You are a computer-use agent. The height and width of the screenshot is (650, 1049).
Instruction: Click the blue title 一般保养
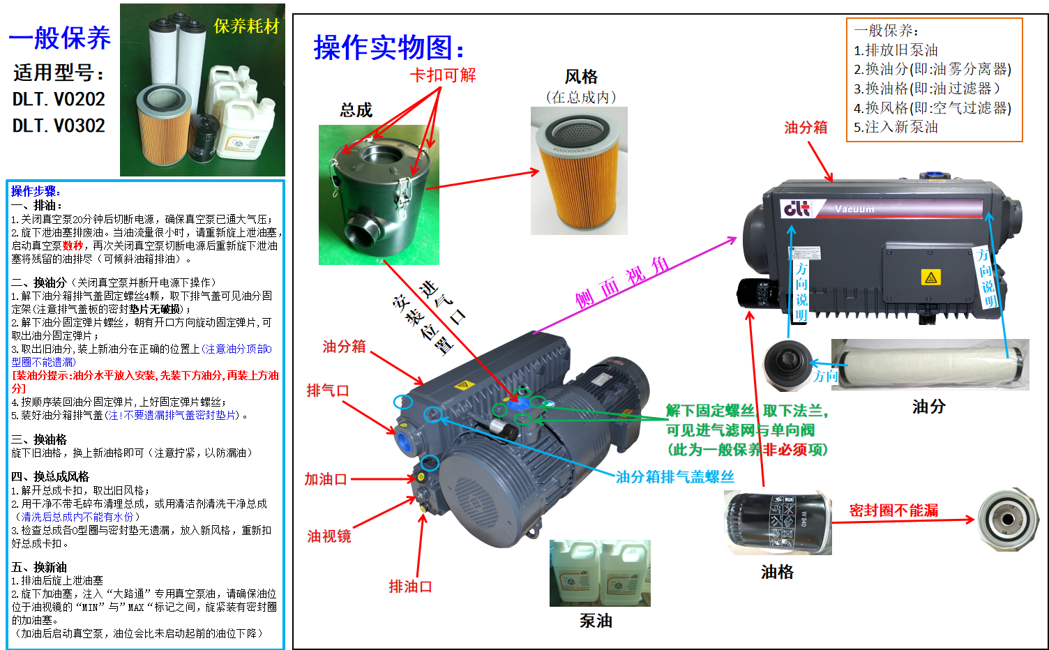59,38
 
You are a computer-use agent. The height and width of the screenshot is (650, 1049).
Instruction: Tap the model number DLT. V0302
59,126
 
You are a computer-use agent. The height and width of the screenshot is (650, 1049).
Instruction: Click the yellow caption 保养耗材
246,26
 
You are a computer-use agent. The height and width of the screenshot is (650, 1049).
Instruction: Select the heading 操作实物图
388,47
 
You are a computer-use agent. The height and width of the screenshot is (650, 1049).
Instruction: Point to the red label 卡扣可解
442,75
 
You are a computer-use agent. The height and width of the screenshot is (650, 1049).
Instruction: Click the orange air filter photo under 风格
579,170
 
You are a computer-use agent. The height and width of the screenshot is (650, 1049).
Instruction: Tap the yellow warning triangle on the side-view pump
931,278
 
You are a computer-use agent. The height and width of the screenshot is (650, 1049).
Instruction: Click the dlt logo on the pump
797,209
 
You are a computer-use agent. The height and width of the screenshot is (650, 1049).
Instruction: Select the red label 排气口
328,390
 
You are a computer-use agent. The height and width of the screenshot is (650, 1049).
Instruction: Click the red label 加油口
326,479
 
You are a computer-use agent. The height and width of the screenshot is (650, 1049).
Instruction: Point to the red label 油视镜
329,536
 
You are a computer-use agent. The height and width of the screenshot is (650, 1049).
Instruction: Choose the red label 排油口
410,586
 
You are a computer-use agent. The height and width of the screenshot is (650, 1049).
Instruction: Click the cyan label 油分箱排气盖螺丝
675,477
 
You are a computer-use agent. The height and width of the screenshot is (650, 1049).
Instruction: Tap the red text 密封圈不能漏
894,510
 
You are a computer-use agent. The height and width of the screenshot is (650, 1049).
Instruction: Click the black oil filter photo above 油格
778,522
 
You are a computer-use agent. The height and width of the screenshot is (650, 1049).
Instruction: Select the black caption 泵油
596,621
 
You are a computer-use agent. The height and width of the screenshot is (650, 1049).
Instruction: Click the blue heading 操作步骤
36,191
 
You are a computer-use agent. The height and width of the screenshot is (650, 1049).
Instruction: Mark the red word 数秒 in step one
73,245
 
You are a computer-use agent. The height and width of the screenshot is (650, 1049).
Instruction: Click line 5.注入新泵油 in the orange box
896,127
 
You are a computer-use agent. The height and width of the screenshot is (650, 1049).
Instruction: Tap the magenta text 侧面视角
622,283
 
